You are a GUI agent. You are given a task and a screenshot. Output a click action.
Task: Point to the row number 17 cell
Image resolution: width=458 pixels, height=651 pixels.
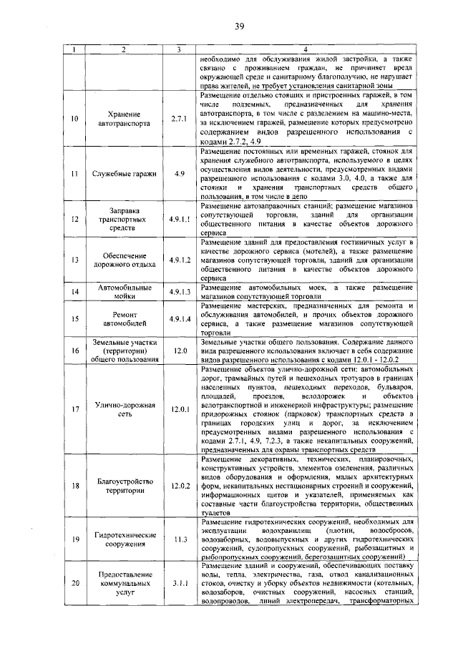tap(74, 410)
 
